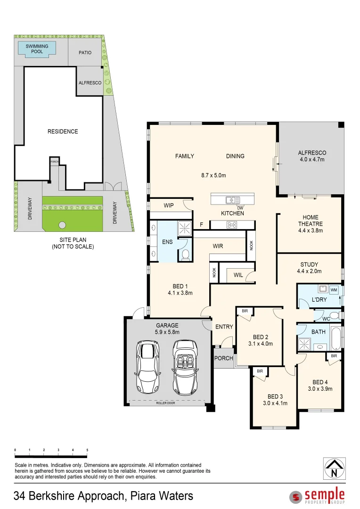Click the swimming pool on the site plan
[x=37, y=49]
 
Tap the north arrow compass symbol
[x=334, y=468]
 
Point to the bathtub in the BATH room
[x=335, y=337]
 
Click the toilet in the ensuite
[x=186, y=254]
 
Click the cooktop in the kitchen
[x=232, y=225]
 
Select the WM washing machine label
[x=334, y=289]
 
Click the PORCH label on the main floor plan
[x=223, y=358]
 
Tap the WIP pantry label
[x=169, y=205]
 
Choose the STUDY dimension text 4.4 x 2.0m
[x=309, y=271]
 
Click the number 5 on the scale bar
[x=87, y=451]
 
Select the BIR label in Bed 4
[x=334, y=356]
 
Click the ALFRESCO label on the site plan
[x=90, y=82]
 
